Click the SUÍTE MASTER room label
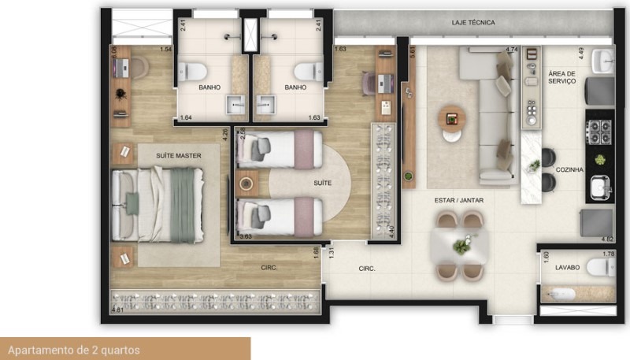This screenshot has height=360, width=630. [179, 156]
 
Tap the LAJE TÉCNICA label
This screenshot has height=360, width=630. [473, 23]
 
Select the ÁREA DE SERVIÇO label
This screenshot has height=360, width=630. [561, 76]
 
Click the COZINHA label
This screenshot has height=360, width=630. [569, 169]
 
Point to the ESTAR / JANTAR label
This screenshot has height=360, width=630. [458, 201]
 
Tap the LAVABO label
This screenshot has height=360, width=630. [567, 268]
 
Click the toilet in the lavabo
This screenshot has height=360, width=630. [602, 269]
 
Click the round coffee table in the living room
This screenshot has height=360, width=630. [452, 117]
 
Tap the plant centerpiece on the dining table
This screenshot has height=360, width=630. [459, 247]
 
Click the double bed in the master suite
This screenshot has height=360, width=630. [154, 204]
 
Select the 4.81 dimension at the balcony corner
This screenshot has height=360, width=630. [119, 310]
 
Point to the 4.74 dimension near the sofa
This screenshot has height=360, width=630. [511, 50]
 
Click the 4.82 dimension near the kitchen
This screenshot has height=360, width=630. [606, 238]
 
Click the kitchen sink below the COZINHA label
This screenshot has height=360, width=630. [601, 188]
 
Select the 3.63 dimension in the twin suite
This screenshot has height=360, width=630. [245, 236]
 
